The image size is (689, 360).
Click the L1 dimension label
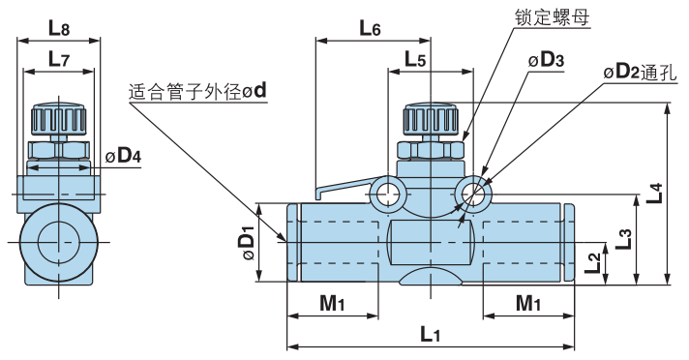click(431, 335)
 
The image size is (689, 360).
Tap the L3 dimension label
click(626, 238)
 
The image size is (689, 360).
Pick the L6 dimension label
click(370, 28)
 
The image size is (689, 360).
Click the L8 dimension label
click(58, 28)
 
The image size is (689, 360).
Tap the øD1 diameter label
click(246, 242)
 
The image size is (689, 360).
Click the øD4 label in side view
click(123, 156)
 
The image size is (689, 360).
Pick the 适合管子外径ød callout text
click(197, 92)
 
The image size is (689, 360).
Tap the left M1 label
click(332, 303)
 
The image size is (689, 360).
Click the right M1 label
click(528, 303)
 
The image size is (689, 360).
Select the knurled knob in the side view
click(59, 120)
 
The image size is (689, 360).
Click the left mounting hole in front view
click(388, 193)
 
